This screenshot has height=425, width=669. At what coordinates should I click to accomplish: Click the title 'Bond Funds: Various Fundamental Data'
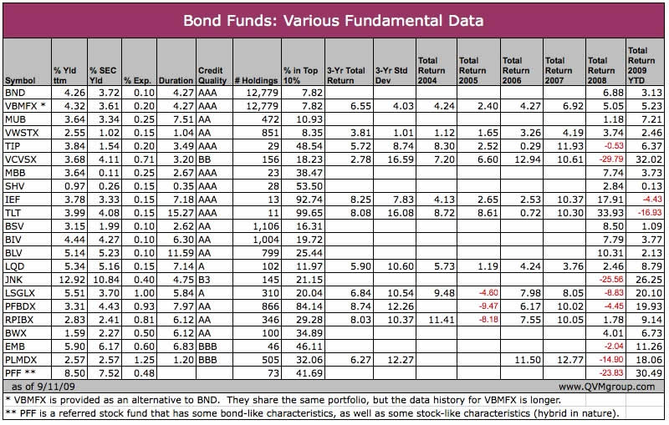(334, 18)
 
